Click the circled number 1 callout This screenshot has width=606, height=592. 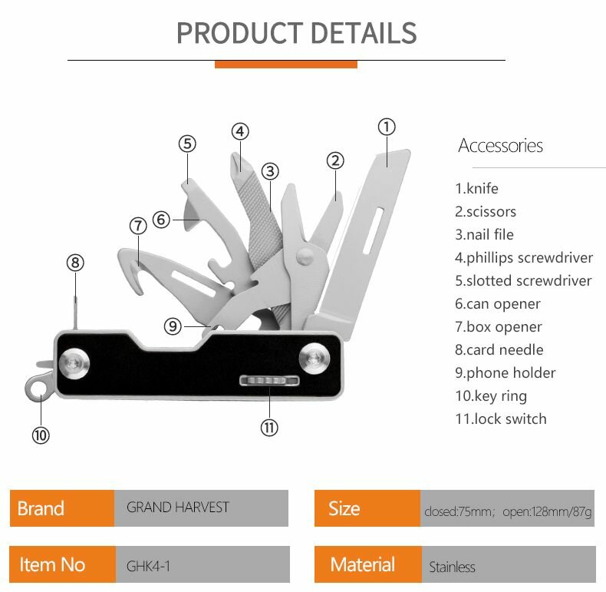(x=387, y=127)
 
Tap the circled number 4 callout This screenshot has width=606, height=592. (x=240, y=131)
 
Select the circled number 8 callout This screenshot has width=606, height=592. (x=74, y=263)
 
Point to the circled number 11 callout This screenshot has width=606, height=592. (x=269, y=428)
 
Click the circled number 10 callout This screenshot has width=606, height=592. (x=40, y=435)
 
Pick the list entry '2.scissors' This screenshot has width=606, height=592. (x=486, y=211)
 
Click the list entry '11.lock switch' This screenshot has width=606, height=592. (x=500, y=418)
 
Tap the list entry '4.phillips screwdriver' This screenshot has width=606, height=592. (x=524, y=257)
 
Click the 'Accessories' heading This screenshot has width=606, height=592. (x=500, y=145)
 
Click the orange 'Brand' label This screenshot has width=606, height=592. (x=41, y=508)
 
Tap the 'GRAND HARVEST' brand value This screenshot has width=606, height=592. (x=178, y=508)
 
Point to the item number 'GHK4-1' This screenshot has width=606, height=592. (x=148, y=567)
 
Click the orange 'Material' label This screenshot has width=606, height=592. (x=363, y=565)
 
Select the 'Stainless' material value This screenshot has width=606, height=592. (x=453, y=567)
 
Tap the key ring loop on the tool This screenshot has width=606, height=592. (x=34, y=388)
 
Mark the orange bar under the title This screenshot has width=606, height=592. (x=285, y=64)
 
